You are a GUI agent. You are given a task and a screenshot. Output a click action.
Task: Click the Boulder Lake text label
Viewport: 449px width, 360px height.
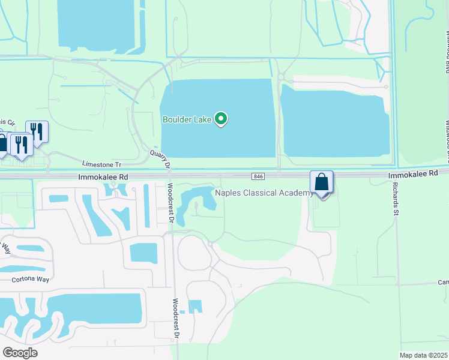187,119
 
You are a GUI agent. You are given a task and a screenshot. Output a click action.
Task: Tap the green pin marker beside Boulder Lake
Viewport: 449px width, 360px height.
221,119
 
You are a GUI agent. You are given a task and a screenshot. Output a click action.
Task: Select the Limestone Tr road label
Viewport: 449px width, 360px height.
101,164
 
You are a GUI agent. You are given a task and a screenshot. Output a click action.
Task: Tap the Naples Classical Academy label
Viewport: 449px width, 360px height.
264,193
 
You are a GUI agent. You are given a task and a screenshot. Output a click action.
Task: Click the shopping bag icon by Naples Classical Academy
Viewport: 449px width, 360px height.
322,182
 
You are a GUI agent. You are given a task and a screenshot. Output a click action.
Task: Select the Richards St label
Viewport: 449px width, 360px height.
403,209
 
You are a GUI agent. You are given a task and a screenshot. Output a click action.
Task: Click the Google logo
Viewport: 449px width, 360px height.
20,353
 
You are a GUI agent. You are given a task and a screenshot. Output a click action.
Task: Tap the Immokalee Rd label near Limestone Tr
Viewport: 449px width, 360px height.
103,178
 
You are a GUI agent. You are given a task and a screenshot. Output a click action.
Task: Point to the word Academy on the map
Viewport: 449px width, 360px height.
296,193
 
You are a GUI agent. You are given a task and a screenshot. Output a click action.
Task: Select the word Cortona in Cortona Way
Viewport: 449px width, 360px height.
23,280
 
